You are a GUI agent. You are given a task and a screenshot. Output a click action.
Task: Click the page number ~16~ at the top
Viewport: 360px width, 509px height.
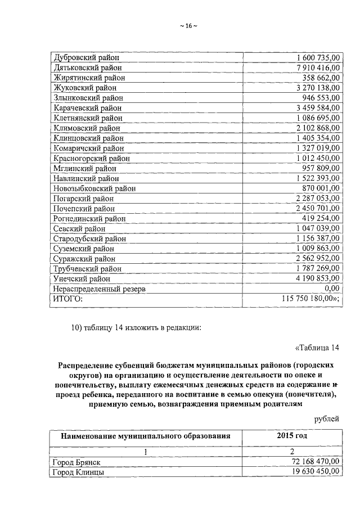click(x=180, y=26)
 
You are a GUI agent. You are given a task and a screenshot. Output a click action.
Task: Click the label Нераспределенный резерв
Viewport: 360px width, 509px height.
click(x=99, y=289)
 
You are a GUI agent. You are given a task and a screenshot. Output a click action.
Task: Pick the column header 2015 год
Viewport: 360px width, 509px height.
click(x=291, y=436)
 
